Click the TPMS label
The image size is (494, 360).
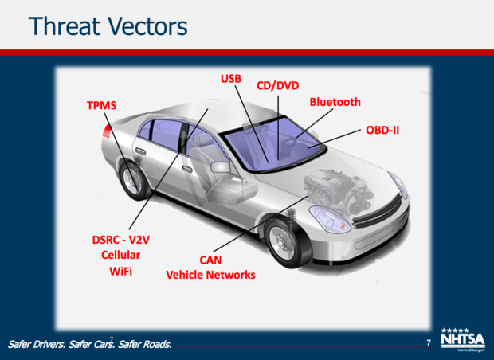tap(101, 105)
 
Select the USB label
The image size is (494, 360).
tap(231, 78)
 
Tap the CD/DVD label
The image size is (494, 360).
tap(277, 85)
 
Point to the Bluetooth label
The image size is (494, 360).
tap(335, 102)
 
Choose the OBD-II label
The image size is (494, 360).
tap(382, 130)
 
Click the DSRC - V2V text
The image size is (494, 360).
tap(120, 240)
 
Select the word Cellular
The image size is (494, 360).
tap(120, 255)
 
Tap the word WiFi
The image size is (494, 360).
tap(120, 271)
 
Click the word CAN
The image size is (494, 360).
tap(210, 260)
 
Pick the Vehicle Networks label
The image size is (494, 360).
tap(210, 275)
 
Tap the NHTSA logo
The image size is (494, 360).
tap(463, 339)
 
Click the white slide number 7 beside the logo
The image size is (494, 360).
tap(429, 342)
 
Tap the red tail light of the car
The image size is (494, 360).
tap(107, 131)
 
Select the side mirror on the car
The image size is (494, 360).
tap(220, 166)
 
